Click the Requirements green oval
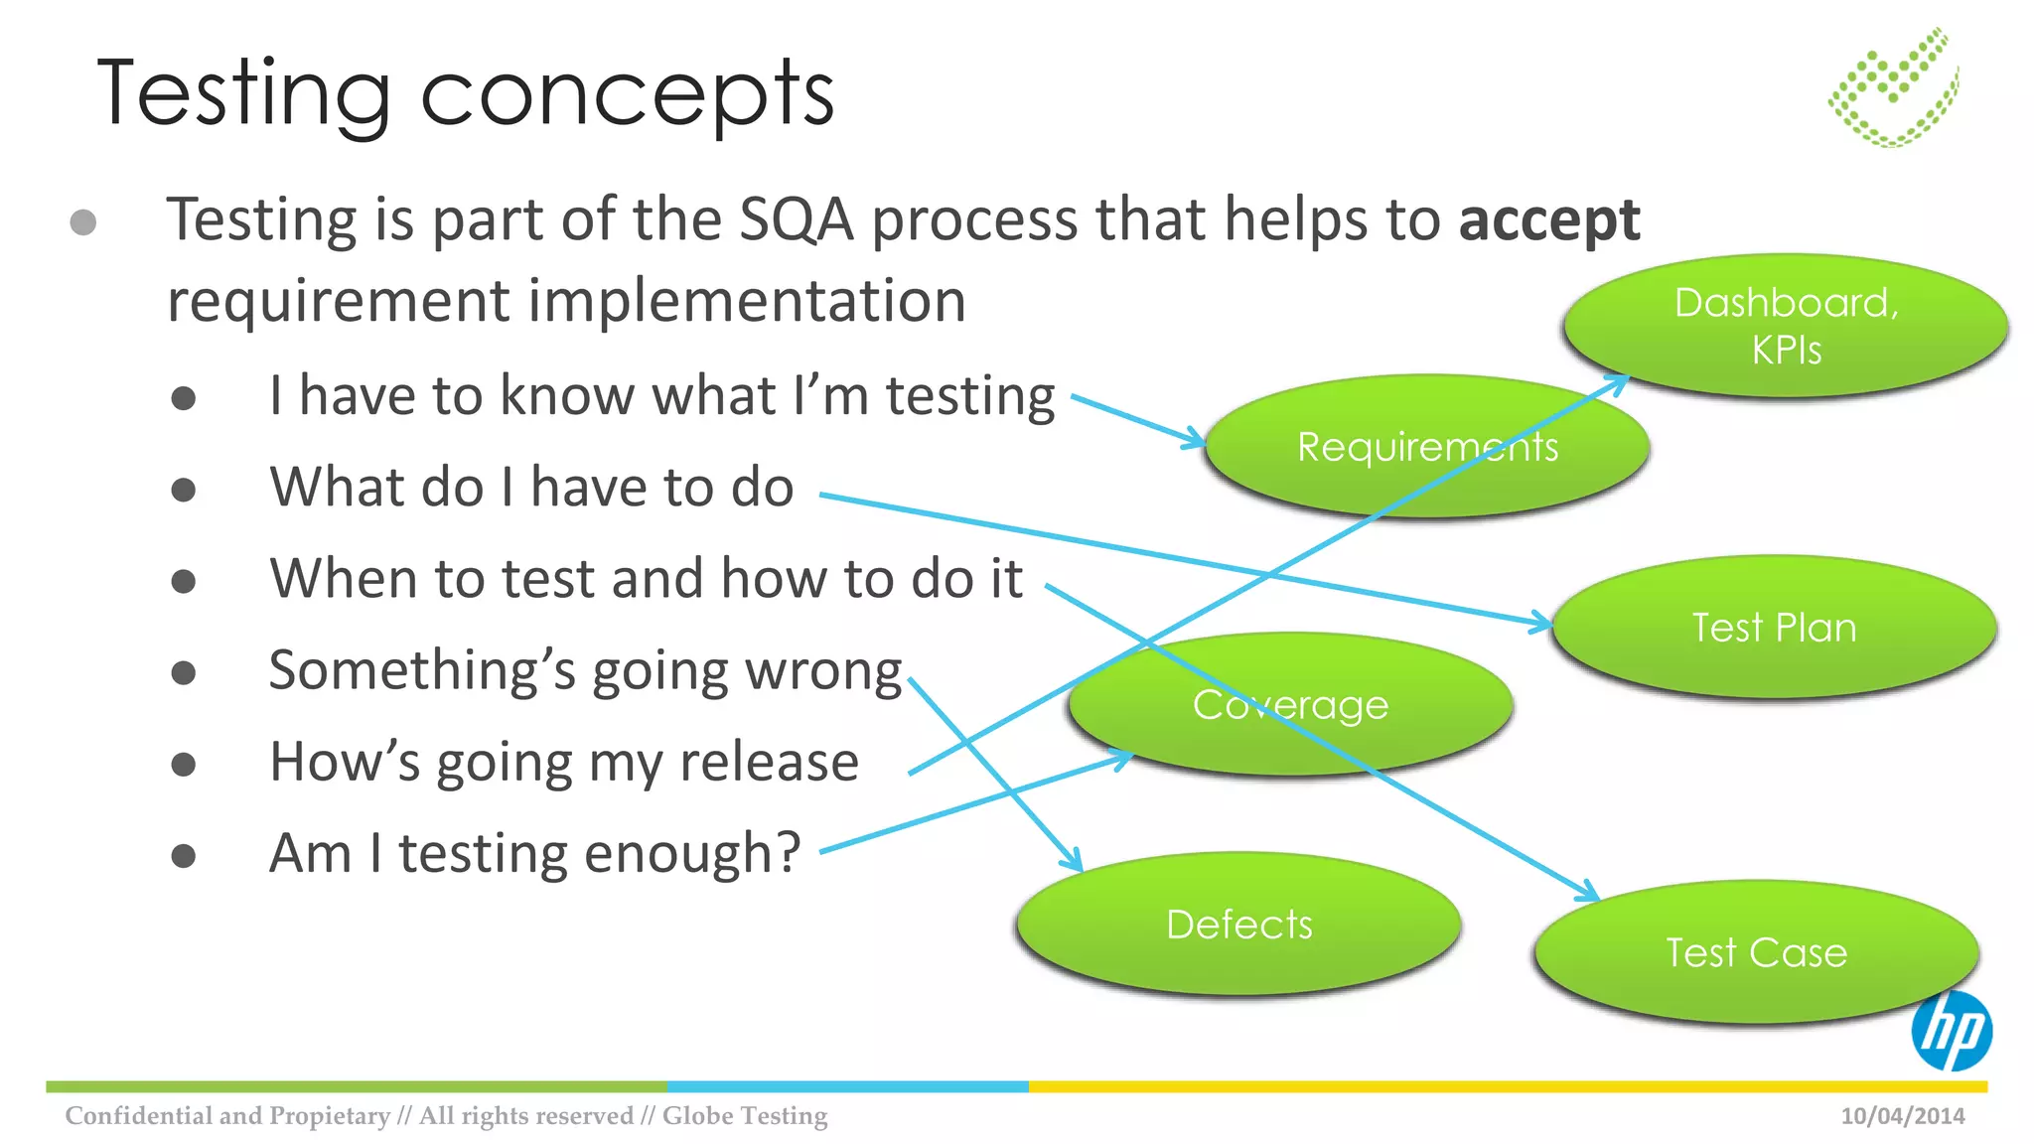pos(1427,447)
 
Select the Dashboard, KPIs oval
pos(1786,326)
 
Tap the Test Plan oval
pos(1774,627)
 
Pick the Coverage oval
pos(1290,704)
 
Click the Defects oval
pos(1238,924)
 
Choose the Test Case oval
pos(1756,952)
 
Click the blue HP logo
pos(1951,1031)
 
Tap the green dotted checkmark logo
pos(1894,88)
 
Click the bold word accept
pos(1548,220)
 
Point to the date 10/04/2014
pos(1902,1115)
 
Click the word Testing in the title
pos(243,94)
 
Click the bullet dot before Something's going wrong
pos(184,672)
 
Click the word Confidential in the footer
pos(139,1115)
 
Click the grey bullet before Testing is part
pos(83,221)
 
